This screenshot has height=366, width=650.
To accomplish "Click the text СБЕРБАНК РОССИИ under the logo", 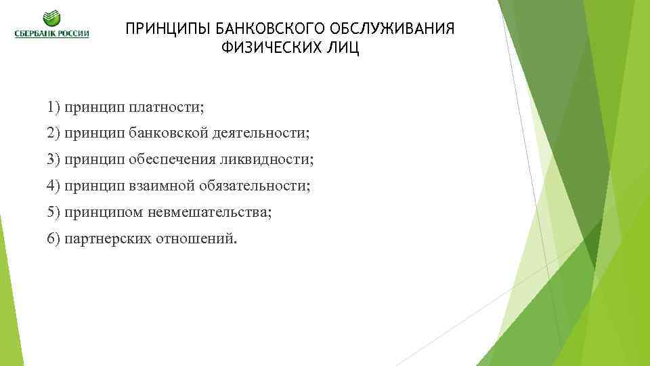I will point(51,34).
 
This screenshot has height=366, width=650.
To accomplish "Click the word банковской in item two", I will point(171,134).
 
